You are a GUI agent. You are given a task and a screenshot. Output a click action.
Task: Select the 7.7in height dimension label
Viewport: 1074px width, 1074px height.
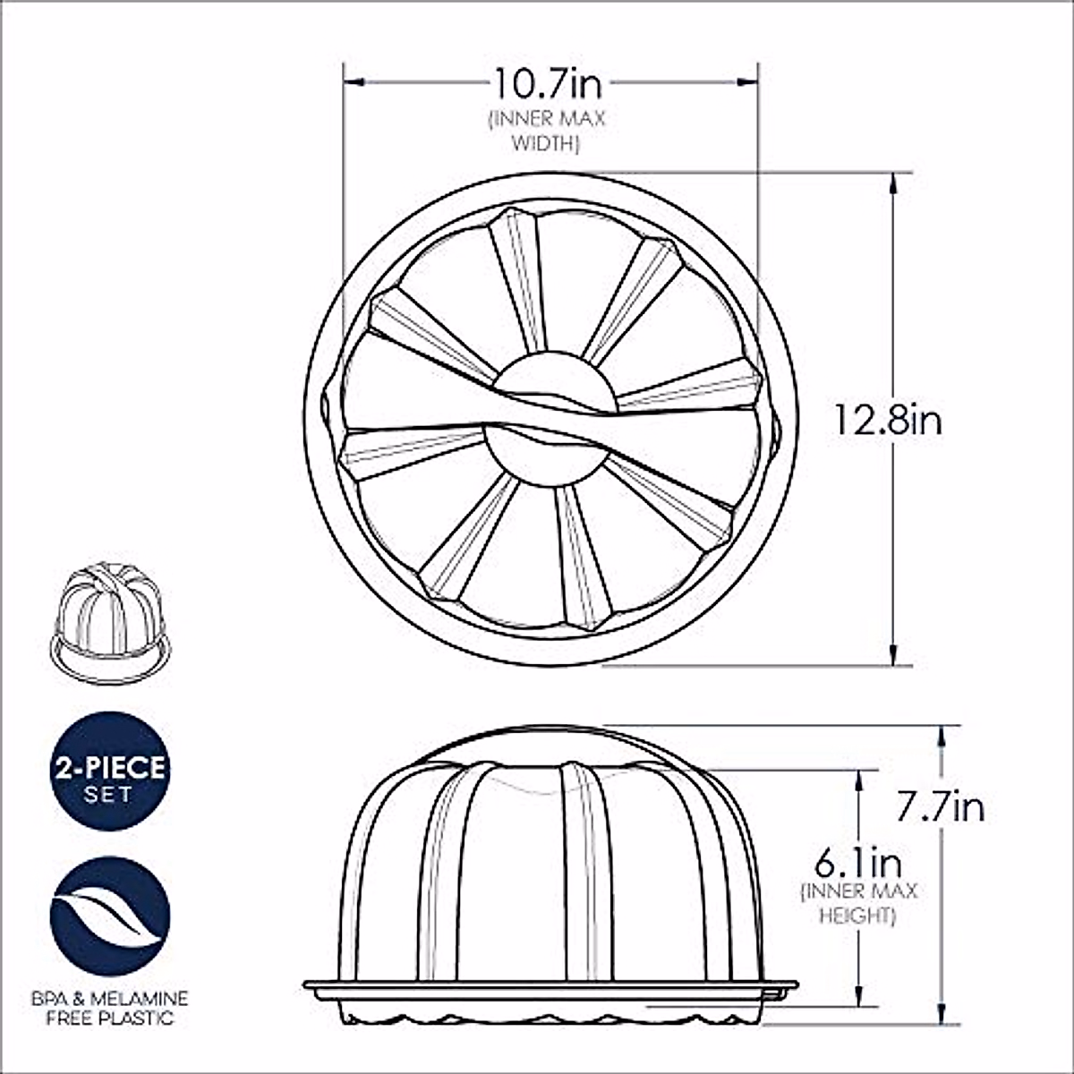[940, 807]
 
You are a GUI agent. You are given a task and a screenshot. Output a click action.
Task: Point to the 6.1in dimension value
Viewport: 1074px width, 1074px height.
[857, 864]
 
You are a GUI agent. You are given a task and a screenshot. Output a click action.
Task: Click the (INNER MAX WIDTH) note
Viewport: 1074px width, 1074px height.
[547, 131]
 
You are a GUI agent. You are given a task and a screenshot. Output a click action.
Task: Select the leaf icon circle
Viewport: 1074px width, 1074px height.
[110, 916]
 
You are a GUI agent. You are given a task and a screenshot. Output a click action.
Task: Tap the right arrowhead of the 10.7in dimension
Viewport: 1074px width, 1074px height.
[749, 82]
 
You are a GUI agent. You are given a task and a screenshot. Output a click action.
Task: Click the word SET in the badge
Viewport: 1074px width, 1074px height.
[109, 794]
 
